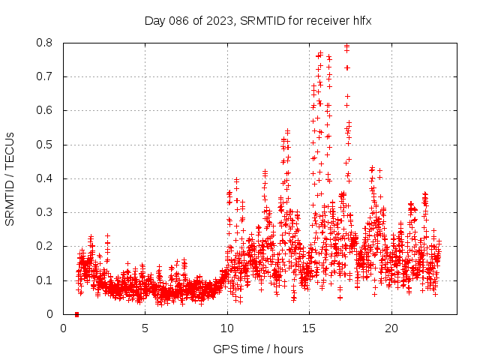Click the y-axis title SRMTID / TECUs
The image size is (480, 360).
pos(10,178)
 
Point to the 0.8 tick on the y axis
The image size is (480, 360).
pos(46,43)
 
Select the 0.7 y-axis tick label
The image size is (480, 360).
pos(46,76)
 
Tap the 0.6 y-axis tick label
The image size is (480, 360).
pos(46,110)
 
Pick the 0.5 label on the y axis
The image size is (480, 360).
pos(46,145)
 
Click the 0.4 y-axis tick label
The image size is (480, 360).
pos(46,178)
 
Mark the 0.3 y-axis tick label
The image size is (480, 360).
pos(46,212)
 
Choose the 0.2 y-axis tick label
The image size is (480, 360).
pos(46,246)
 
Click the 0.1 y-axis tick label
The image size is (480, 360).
pos(46,280)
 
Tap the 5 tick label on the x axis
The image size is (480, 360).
pos(145,328)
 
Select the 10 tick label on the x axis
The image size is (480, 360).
pos(227,328)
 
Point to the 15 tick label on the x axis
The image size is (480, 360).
pos(309,328)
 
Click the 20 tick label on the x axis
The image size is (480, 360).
pos(391,328)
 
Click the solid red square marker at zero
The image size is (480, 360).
pos(76,314)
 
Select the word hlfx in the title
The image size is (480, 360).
pos(361,20)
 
